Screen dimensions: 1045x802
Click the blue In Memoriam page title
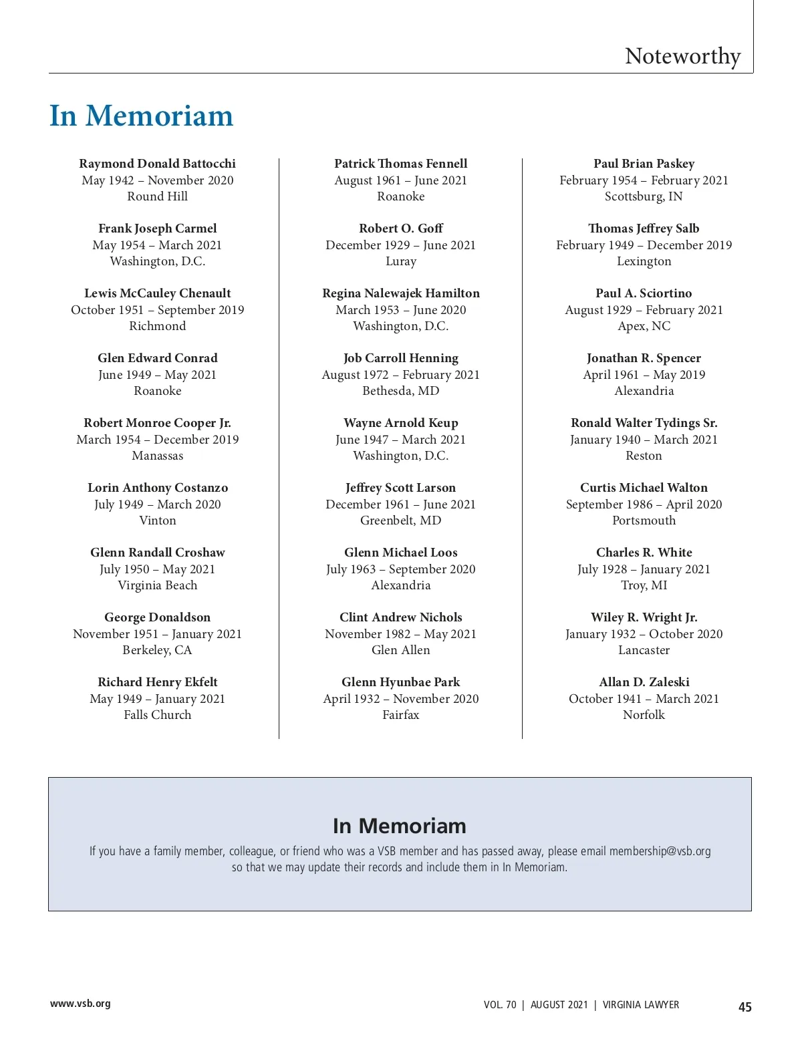click(x=141, y=116)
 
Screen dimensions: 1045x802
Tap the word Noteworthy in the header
click(x=682, y=56)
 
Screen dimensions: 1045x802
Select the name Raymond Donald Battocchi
click(x=157, y=164)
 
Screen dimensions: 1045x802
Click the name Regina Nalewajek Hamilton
click(x=401, y=293)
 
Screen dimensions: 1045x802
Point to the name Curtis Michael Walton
click(x=644, y=488)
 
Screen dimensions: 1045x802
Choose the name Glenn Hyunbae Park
click(x=401, y=682)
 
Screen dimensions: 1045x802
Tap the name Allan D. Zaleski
click(x=644, y=682)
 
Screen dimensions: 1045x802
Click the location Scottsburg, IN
click(x=644, y=196)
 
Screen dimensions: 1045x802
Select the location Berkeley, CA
click(x=157, y=650)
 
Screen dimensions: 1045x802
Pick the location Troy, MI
click(x=644, y=585)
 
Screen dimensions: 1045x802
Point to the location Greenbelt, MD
click(x=401, y=520)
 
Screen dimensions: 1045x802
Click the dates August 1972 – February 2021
click(x=401, y=375)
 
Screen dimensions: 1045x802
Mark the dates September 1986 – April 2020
click(x=644, y=504)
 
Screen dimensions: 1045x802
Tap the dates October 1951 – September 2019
click(x=157, y=310)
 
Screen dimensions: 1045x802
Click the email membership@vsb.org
click(x=660, y=851)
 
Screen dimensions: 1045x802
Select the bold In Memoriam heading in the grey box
click(x=400, y=826)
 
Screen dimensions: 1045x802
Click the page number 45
click(x=745, y=1007)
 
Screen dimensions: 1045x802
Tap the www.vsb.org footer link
click(x=80, y=1004)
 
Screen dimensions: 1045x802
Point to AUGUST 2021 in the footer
click(x=559, y=1005)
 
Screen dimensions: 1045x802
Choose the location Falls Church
click(x=157, y=715)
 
